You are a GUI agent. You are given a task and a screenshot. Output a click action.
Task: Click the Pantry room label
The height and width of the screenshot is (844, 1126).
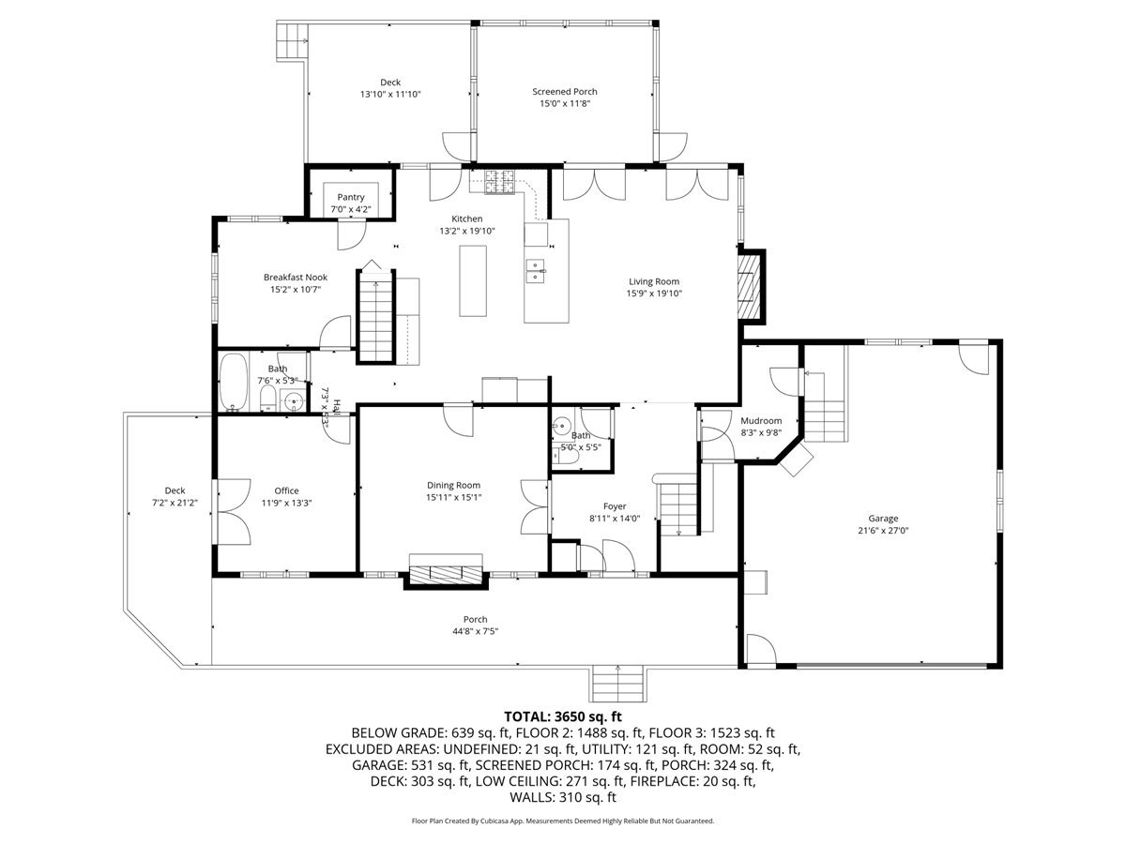coord(351,197)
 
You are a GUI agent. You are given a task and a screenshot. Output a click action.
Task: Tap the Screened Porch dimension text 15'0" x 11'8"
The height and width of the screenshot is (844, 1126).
coord(564,104)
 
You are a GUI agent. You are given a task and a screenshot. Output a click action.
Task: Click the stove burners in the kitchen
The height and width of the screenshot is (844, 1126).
coord(500,181)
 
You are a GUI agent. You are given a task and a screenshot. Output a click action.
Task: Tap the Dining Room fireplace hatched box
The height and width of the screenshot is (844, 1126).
coord(447,571)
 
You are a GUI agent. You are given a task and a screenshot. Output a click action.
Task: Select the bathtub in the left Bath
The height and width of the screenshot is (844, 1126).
coord(233,382)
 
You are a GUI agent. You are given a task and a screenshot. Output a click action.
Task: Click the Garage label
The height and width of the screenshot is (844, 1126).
coord(882,518)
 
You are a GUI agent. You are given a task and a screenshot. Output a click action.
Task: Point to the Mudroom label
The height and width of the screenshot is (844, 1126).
coord(761,421)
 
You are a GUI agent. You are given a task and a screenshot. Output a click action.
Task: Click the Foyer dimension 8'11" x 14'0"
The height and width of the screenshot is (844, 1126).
coord(614,519)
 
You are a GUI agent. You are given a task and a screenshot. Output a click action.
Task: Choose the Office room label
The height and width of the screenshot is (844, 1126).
coord(286,490)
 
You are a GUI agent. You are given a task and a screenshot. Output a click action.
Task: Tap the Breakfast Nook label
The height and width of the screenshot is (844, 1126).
coord(295,278)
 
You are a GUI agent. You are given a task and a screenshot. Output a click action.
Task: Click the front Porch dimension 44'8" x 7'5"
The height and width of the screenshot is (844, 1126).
coord(475,631)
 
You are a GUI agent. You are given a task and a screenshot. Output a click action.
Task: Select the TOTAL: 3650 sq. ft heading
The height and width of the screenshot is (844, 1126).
coord(563,716)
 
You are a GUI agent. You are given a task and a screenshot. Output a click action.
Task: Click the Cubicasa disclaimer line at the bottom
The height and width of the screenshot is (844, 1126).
coord(563,821)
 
